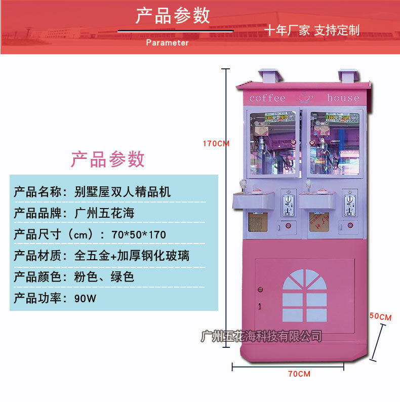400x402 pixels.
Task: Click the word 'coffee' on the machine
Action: pyautogui.click(x=267, y=98)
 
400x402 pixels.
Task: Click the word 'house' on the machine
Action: pyautogui.click(x=343, y=98)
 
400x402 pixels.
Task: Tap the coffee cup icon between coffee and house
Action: pyautogui.click(x=305, y=97)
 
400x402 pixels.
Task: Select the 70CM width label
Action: pyautogui.click(x=299, y=374)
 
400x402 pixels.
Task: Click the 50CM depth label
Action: pyautogui.click(x=381, y=317)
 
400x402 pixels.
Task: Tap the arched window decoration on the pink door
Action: pyautogui.click(x=304, y=295)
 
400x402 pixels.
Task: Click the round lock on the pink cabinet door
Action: pyautogui.click(x=260, y=290)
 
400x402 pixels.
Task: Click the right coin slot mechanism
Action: pyautogui.click(x=348, y=202)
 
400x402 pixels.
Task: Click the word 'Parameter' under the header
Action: pyautogui.click(x=167, y=43)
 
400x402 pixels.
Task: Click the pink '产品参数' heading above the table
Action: pyautogui.click(x=107, y=159)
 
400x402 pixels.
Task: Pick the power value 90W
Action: pyautogui.click(x=85, y=298)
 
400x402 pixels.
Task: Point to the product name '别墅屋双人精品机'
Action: pyautogui.click(x=122, y=192)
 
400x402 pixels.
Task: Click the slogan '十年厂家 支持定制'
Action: pyautogui.click(x=312, y=30)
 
